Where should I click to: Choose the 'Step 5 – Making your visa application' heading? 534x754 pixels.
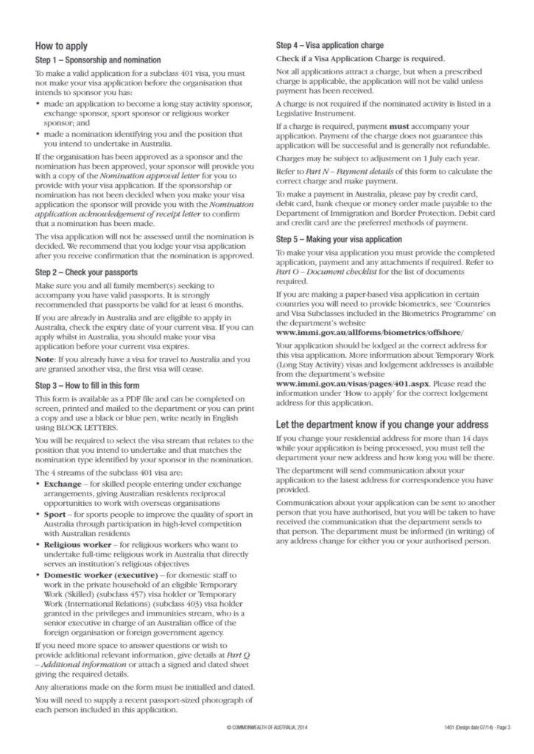click(339, 239)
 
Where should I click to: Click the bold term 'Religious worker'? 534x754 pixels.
click(75, 544)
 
